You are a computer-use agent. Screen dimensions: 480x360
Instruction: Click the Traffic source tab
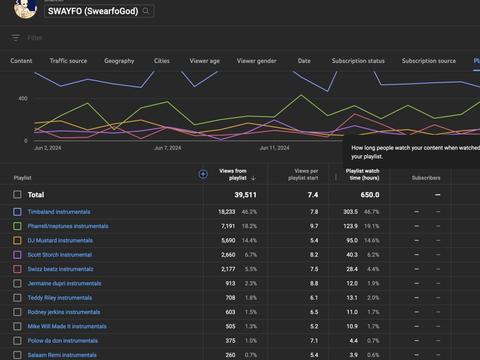pos(68,60)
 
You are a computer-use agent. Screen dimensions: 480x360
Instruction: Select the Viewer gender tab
pos(256,60)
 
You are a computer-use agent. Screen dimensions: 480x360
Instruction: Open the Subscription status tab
pos(358,60)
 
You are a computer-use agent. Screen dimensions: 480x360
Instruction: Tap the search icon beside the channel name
pos(146,11)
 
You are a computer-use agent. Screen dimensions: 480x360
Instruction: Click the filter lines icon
pos(16,37)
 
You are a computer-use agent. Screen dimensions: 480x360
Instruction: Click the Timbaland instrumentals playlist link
pos(59,212)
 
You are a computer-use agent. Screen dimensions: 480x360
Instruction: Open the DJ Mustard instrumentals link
pos(60,240)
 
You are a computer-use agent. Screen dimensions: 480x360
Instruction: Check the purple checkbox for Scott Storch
pos(17,255)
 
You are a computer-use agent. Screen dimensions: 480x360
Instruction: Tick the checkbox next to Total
pos(17,194)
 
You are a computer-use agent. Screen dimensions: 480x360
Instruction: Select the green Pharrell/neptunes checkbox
pos(17,226)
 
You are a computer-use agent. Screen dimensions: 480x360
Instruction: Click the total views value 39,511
pos(245,195)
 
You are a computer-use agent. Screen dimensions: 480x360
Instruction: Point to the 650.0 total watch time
pos(370,195)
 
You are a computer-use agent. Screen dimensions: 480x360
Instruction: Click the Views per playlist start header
pos(303,174)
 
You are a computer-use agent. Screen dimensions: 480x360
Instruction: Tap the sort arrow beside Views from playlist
pos(253,178)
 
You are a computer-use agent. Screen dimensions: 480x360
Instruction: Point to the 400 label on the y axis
pos(23,98)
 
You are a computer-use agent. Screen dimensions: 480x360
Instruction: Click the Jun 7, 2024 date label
pos(168,148)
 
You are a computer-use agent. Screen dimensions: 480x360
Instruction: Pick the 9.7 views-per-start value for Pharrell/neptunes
pos(314,226)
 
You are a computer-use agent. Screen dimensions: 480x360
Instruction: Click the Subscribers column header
pos(426,178)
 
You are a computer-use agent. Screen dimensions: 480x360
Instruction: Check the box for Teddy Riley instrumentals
pos(17,298)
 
